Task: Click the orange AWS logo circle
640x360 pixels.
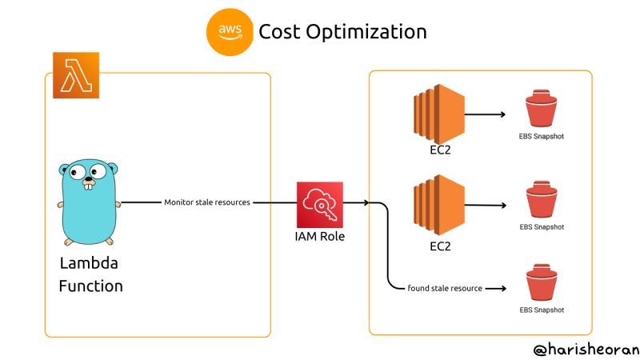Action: click(x=230, y=32)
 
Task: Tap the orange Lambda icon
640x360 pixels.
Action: click(x=76, y=75)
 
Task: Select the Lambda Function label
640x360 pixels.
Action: click(x=90, y=274)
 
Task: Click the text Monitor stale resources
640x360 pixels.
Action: click(x=207, y=202)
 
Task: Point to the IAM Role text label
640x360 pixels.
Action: click(x=319, y=237)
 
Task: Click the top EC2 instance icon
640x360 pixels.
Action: click(x=438, y=114)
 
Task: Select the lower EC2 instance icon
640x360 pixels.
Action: click(x=438, y=206)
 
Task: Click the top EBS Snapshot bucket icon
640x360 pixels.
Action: click(x=542, y=110)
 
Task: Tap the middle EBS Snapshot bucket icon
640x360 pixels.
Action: click(x=542, y=201)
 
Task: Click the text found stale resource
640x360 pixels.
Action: click(x=445, y=288)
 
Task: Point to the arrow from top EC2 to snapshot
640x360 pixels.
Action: click(x=486, y=114)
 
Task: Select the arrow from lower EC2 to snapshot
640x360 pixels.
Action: click(x=486, y=206)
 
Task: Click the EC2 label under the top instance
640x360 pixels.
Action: click(x=438, y=150)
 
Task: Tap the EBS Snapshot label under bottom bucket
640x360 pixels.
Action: click(x=542, y=310)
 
